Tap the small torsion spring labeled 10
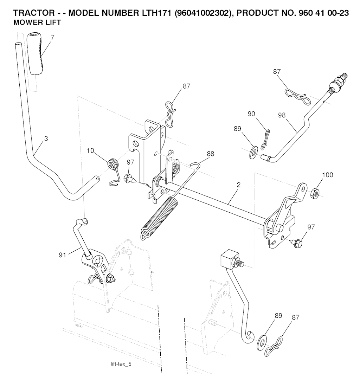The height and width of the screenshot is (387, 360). tap(112, 165)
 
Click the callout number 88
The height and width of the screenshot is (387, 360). tap(210, 154)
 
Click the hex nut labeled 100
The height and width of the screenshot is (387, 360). tap(315, 192)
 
